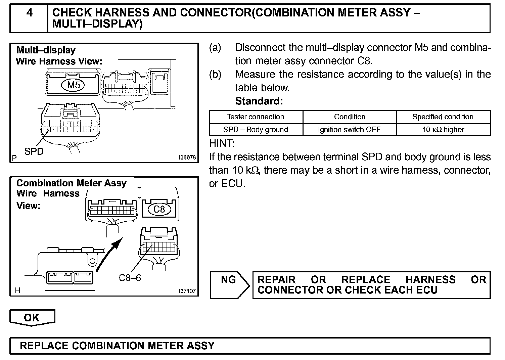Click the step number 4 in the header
click(30, 13)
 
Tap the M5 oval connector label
click(74, 85)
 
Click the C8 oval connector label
click(159, 210)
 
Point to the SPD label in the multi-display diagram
click(34, 151)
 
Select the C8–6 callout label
click(130, 278)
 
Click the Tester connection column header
click(255, 117)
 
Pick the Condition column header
click(350, 117)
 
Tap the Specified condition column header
click(443, 117)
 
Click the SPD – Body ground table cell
click(256, 130)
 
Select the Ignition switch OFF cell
click(349, 130)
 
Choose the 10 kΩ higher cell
click(443, 130)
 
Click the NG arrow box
click(229, 285)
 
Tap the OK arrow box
click(32, 317)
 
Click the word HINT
click(222, 143)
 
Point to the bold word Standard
click(259, 101)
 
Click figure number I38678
click(187, 157)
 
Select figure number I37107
click(187, 291)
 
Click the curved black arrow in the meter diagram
click(109, 254)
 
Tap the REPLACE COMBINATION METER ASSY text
click(117, 346)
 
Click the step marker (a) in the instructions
click(215, 48)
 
